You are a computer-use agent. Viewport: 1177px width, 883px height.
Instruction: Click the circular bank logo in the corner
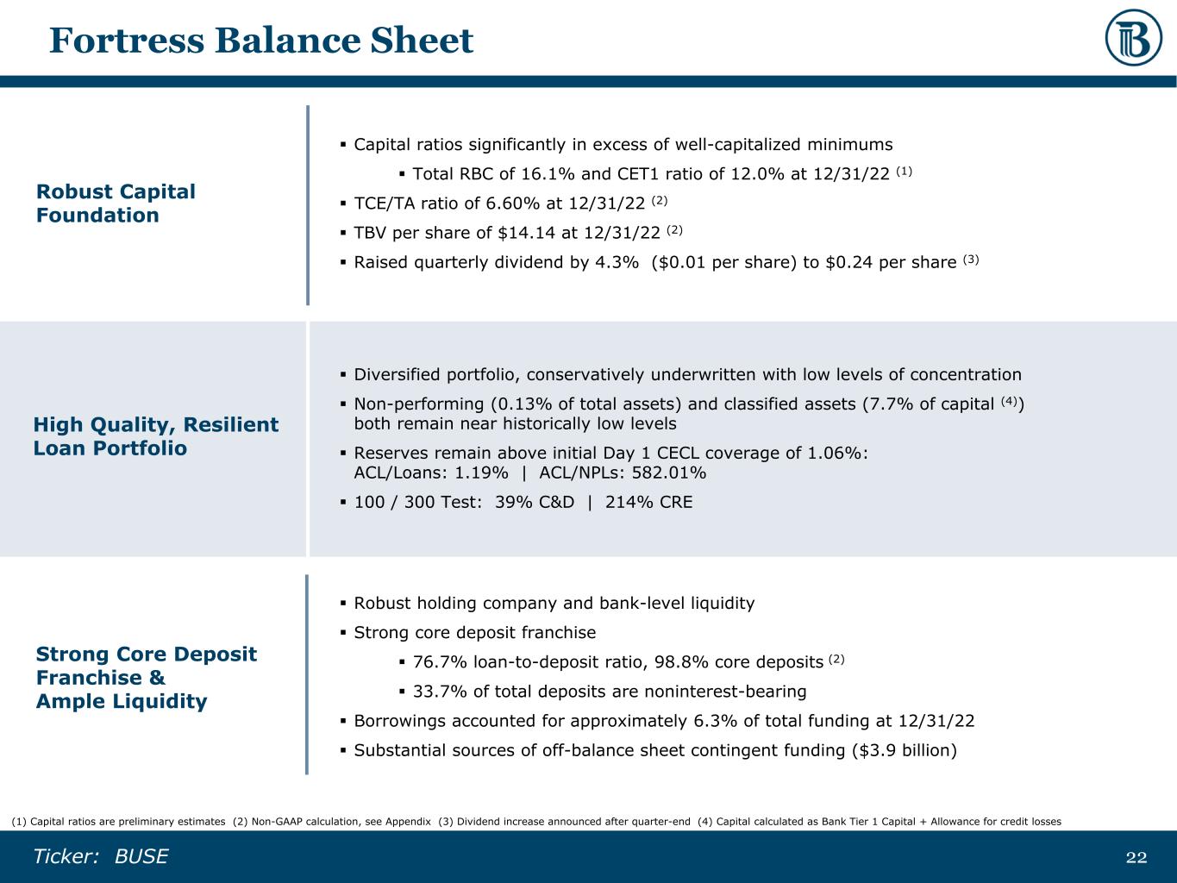pyautogui.click(x=1134, y=38)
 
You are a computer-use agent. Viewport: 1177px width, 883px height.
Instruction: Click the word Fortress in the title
pyautogui.click(x=127, y=41)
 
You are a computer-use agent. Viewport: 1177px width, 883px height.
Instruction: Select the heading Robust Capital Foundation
pyautogui.click(x=116, y=204)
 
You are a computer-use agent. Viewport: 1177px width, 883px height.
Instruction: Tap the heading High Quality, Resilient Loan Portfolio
pyautogui.click(x=156, y=436)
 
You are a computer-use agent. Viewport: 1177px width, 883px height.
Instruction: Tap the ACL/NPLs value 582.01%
pyautogui.click(x=669, y=473)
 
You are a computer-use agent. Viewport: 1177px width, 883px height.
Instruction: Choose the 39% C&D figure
pyautogui.click(x=535, y=503)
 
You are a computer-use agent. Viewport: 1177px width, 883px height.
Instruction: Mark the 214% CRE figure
pyautogui.click(x=648, y=503)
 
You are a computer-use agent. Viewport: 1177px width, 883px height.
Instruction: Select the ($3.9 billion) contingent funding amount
pyautogui.click(x=905, y=750)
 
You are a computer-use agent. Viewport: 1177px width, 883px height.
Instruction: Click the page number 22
pyautogui.click(x=1136, y=857)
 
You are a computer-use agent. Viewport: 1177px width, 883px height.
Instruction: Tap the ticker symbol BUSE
pyautogui.click(x=141, y=856)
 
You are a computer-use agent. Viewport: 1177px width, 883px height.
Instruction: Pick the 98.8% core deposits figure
pyautogui.click(x=681, y=662)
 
